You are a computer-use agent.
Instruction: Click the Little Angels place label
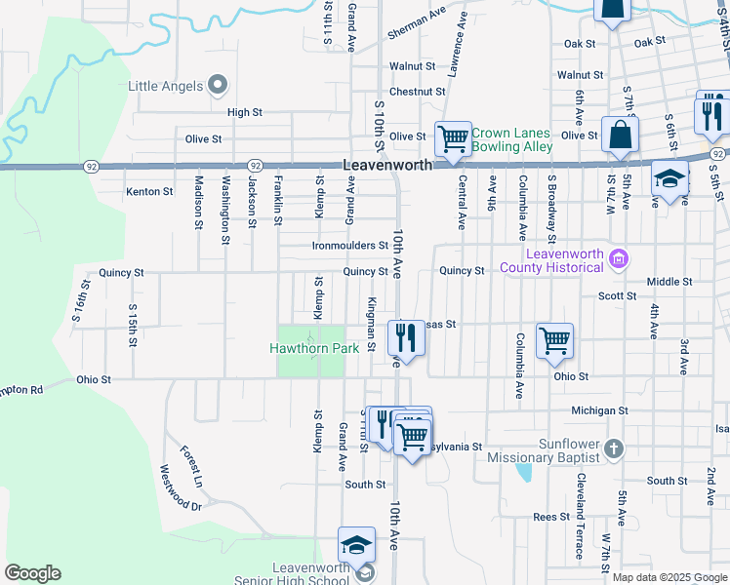(x=166, y=85)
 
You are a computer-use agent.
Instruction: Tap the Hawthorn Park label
(x=309, y=348)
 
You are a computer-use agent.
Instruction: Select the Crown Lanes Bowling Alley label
(x=511, y=139)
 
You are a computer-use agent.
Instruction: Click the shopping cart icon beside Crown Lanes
(x=453, y=139)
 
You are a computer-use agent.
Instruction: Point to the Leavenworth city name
(x=387, y=167)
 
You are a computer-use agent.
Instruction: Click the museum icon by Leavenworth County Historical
(x=617, y=258)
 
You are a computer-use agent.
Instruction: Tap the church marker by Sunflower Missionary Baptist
(x=613, y=448)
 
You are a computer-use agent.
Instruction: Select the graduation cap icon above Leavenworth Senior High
(x=356, y=543)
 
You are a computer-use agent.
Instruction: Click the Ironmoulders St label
(x=344, y=246)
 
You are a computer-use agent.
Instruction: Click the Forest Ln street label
(x=191, y=466)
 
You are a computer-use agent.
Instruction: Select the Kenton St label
(x=149, y=192)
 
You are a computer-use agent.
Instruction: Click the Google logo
(x=32, y=573)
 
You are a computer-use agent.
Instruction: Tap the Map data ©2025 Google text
(x=669, y=577)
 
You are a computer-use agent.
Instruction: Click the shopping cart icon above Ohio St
(x=554, y=339)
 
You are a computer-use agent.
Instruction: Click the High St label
(x=245, y=113)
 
